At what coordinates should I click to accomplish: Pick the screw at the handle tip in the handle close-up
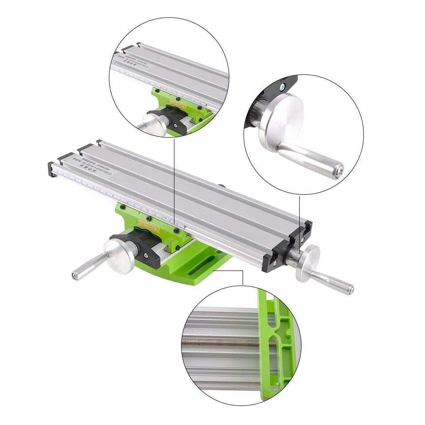pyautogui.click(x=338, y=171)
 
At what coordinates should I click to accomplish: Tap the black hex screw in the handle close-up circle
pyautogui.click(x=281, y=88)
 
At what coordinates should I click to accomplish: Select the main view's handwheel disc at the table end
pyautogui.click(x=308, y=263)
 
